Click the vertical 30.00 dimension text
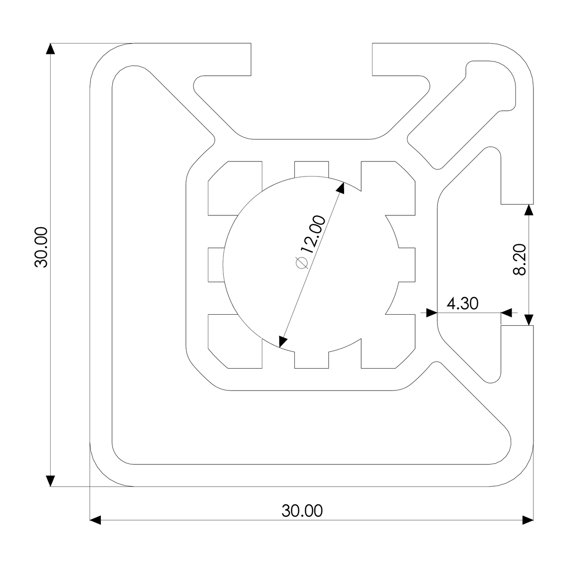click(42, 248)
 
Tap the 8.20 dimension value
click(520, 259)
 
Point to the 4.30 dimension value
click(463, 303)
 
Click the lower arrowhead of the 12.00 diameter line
click(283, 341)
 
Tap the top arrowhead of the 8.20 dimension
click(529, 211)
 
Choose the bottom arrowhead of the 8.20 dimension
click(529, 319)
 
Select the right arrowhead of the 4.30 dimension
click(506, 312)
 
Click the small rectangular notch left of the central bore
click(216, 265)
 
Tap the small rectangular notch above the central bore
click(311, 169)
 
